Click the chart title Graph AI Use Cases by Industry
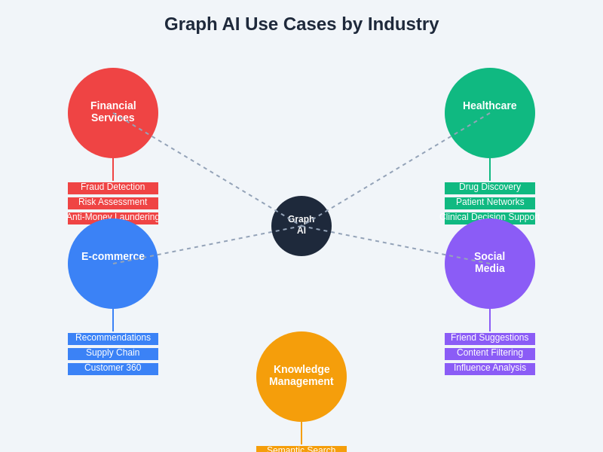(301, 24)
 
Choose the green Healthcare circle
(490, 113)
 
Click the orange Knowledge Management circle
(301, 377)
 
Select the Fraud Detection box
(113, 188)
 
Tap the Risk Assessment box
(113, 203)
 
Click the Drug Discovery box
(490, 188)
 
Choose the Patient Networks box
(490, 203)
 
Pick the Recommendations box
(113, 338)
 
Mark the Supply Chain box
(113, 353)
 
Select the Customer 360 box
(113, 368)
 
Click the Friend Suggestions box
(490, 338)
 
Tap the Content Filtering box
(490, 353)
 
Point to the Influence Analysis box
(490, 368)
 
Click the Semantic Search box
(301, 449)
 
